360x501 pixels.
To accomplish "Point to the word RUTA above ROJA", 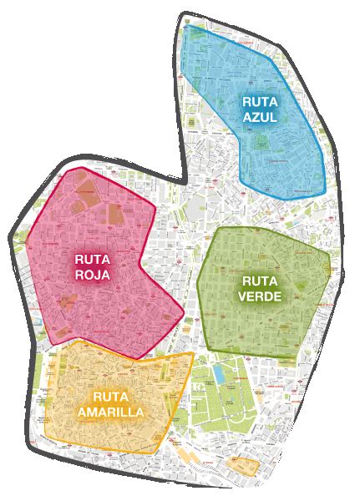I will coord(92,258).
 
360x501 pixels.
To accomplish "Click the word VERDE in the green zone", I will coord(260,296).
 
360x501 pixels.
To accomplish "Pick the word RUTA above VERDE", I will coord(260,281).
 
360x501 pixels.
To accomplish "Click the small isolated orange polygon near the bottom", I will coord(245,465).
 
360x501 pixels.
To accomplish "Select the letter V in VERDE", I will coord(243,296).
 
